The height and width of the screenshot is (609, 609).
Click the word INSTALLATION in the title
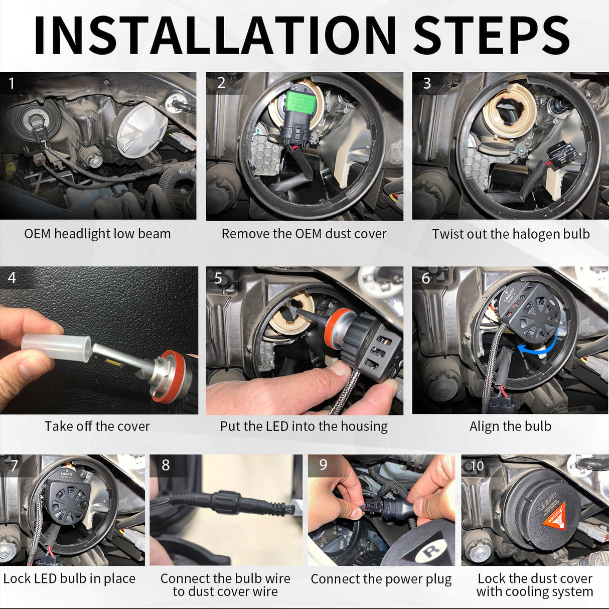(215, 35)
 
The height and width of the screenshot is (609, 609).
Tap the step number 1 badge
(12, 83)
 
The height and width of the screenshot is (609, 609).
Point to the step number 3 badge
(426, 83)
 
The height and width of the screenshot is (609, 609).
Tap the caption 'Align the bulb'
(510, 426)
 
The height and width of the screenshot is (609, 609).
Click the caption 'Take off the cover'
(97, 426)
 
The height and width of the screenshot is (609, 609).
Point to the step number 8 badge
(166, 465)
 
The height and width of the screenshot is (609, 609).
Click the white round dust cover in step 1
(141, 129)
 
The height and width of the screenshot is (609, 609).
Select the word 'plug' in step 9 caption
(439, 579)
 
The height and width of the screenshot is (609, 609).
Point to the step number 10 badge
(477, 466)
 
